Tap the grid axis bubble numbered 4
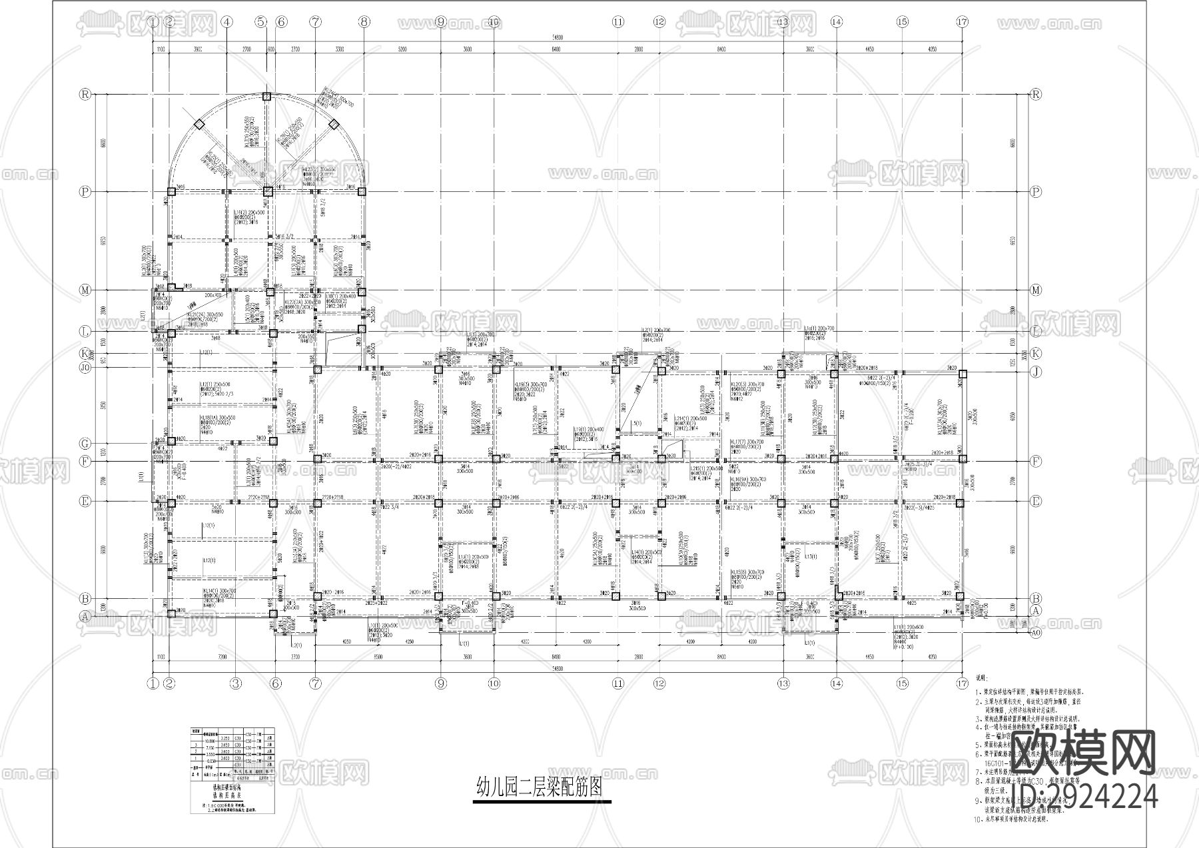pos(227,21)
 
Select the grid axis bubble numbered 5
pos(260,21)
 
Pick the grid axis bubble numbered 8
pos(364,21)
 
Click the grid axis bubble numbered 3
pos(235,682)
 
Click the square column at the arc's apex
pos(266,97)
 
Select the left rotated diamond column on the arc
pos(199,124)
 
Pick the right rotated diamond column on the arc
pos(334,124)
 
